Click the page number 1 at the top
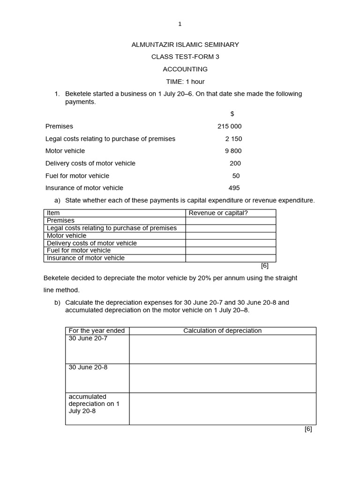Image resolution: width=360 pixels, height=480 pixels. click(x=180, y=24)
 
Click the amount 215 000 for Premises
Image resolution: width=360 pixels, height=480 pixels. click(x=230, y=126)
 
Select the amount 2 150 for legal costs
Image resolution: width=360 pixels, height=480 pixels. click(x=233, y=139)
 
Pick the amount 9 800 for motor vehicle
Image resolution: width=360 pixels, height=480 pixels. click(x=233, y=151)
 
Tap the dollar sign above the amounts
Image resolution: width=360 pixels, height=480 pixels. click(x=232, y=114)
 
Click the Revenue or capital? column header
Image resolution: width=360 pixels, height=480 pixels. click(x=218, y=213)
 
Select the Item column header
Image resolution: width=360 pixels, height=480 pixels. click(x=53, y=213)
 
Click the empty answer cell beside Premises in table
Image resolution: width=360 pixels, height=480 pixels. click(x=231, y=220)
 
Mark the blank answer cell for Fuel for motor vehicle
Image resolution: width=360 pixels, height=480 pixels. click(x=231, y=250)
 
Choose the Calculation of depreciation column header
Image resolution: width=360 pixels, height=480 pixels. click(x=222, y=330)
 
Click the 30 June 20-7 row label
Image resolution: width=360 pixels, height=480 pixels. click(x=88, y=338)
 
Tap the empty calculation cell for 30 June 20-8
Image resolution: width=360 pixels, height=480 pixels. click(x=222, y=378)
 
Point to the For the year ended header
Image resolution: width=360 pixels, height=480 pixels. click(x=97, y=330)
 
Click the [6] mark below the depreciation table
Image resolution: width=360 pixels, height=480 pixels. click(x=308, y=429)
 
